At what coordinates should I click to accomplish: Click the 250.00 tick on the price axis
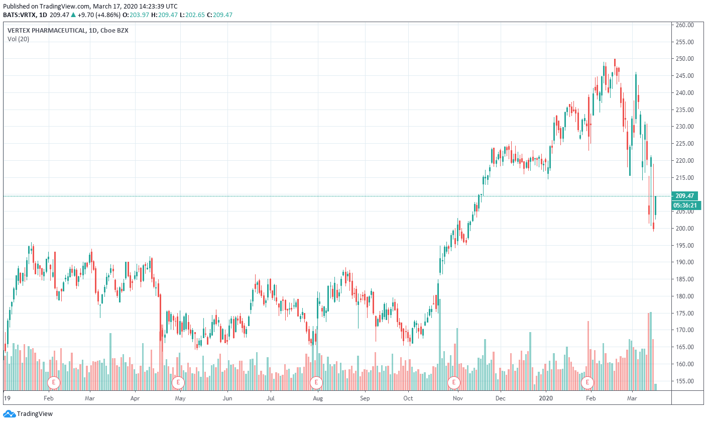pyautogui.click(x=684, y=59)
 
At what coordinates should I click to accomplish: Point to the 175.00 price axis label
pyautogui.click(x=684, y=313)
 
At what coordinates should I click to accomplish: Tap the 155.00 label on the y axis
pyautogui.click(x=684, y=381)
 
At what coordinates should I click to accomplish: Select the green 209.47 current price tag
pyautogui.click(x=685, y=196)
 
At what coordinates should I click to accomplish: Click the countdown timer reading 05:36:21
pyautogui.click(x=685, y=205)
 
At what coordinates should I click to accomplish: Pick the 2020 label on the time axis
pyautogui.click(x=546, y=398)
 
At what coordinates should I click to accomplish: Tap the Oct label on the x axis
pyautogui.click(x=408, y=398)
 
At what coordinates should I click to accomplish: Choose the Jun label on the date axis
pyautogui.click(x=227, y=398)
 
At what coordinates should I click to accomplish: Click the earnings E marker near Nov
pyautogui.click(x=454, y=382)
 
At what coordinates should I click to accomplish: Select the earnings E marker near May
pyautogui.click(x=178, y=382)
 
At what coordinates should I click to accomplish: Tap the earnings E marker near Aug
pyautogui.click(x=316, y=382)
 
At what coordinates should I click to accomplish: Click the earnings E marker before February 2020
pyautogui.click(x=587, y=382)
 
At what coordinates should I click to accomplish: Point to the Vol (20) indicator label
pyautogui.click(x=18, y=39)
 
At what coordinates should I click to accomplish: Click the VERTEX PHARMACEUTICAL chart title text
pyautogui.click(x=47, y=31)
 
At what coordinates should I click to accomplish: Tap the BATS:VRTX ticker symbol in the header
pyautogui.click(x=19, y=15)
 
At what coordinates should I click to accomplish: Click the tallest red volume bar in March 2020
pyautogui.click(x=648, y=352)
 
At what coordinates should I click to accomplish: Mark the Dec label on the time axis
pyautogui.click(x=501, y=398)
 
